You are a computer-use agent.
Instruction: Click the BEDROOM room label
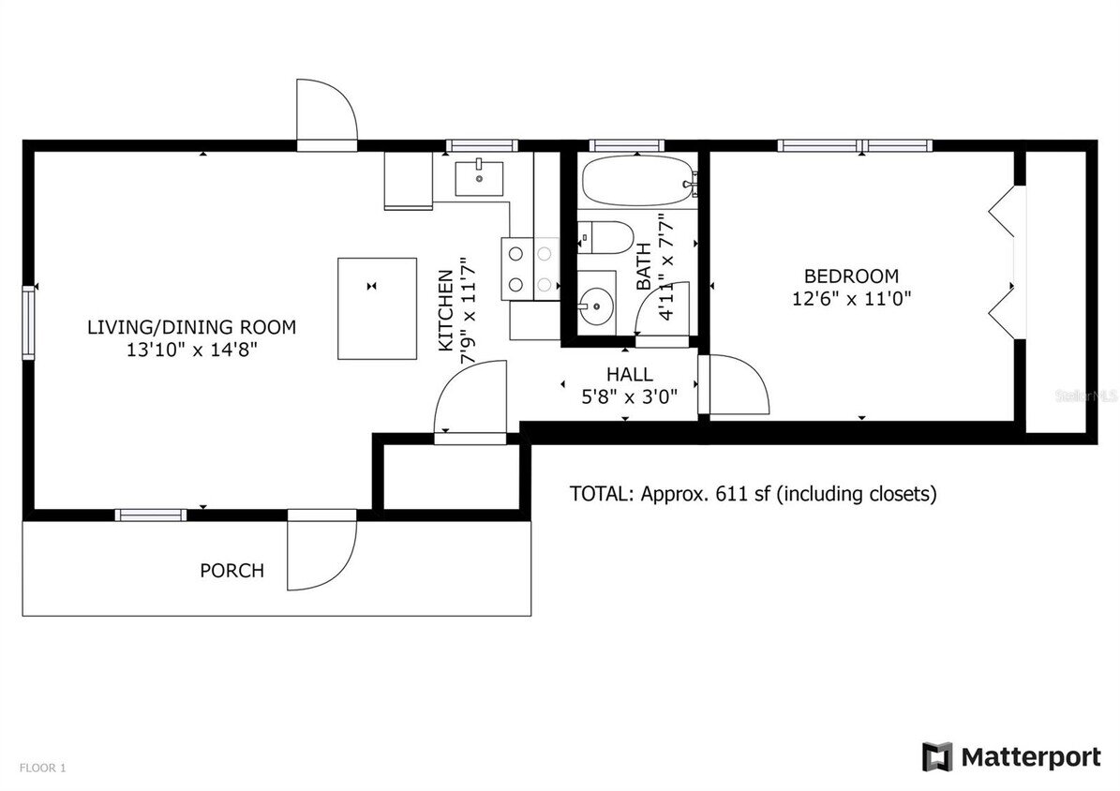coord(851,276)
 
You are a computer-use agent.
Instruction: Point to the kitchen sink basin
coord(479,176)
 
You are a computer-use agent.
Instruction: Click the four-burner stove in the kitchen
coord(530,268)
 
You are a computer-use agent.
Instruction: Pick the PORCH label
coord(231,570)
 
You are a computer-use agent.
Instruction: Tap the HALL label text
coord(629,375)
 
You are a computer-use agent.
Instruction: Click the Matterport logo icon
coord(937,756)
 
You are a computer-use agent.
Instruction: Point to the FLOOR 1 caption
coord(43,769)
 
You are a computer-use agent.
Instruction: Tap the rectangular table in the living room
coord(377,308)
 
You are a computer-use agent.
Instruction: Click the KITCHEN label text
coord(447,310)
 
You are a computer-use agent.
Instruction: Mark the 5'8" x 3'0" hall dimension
coord(642,396)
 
